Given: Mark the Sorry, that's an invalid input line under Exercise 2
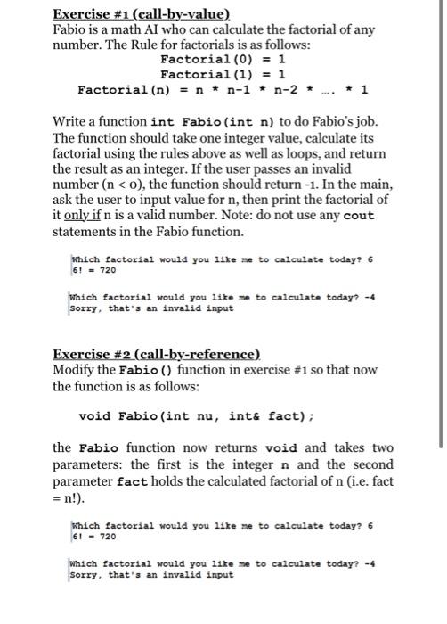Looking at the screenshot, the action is tap(151, 574).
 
